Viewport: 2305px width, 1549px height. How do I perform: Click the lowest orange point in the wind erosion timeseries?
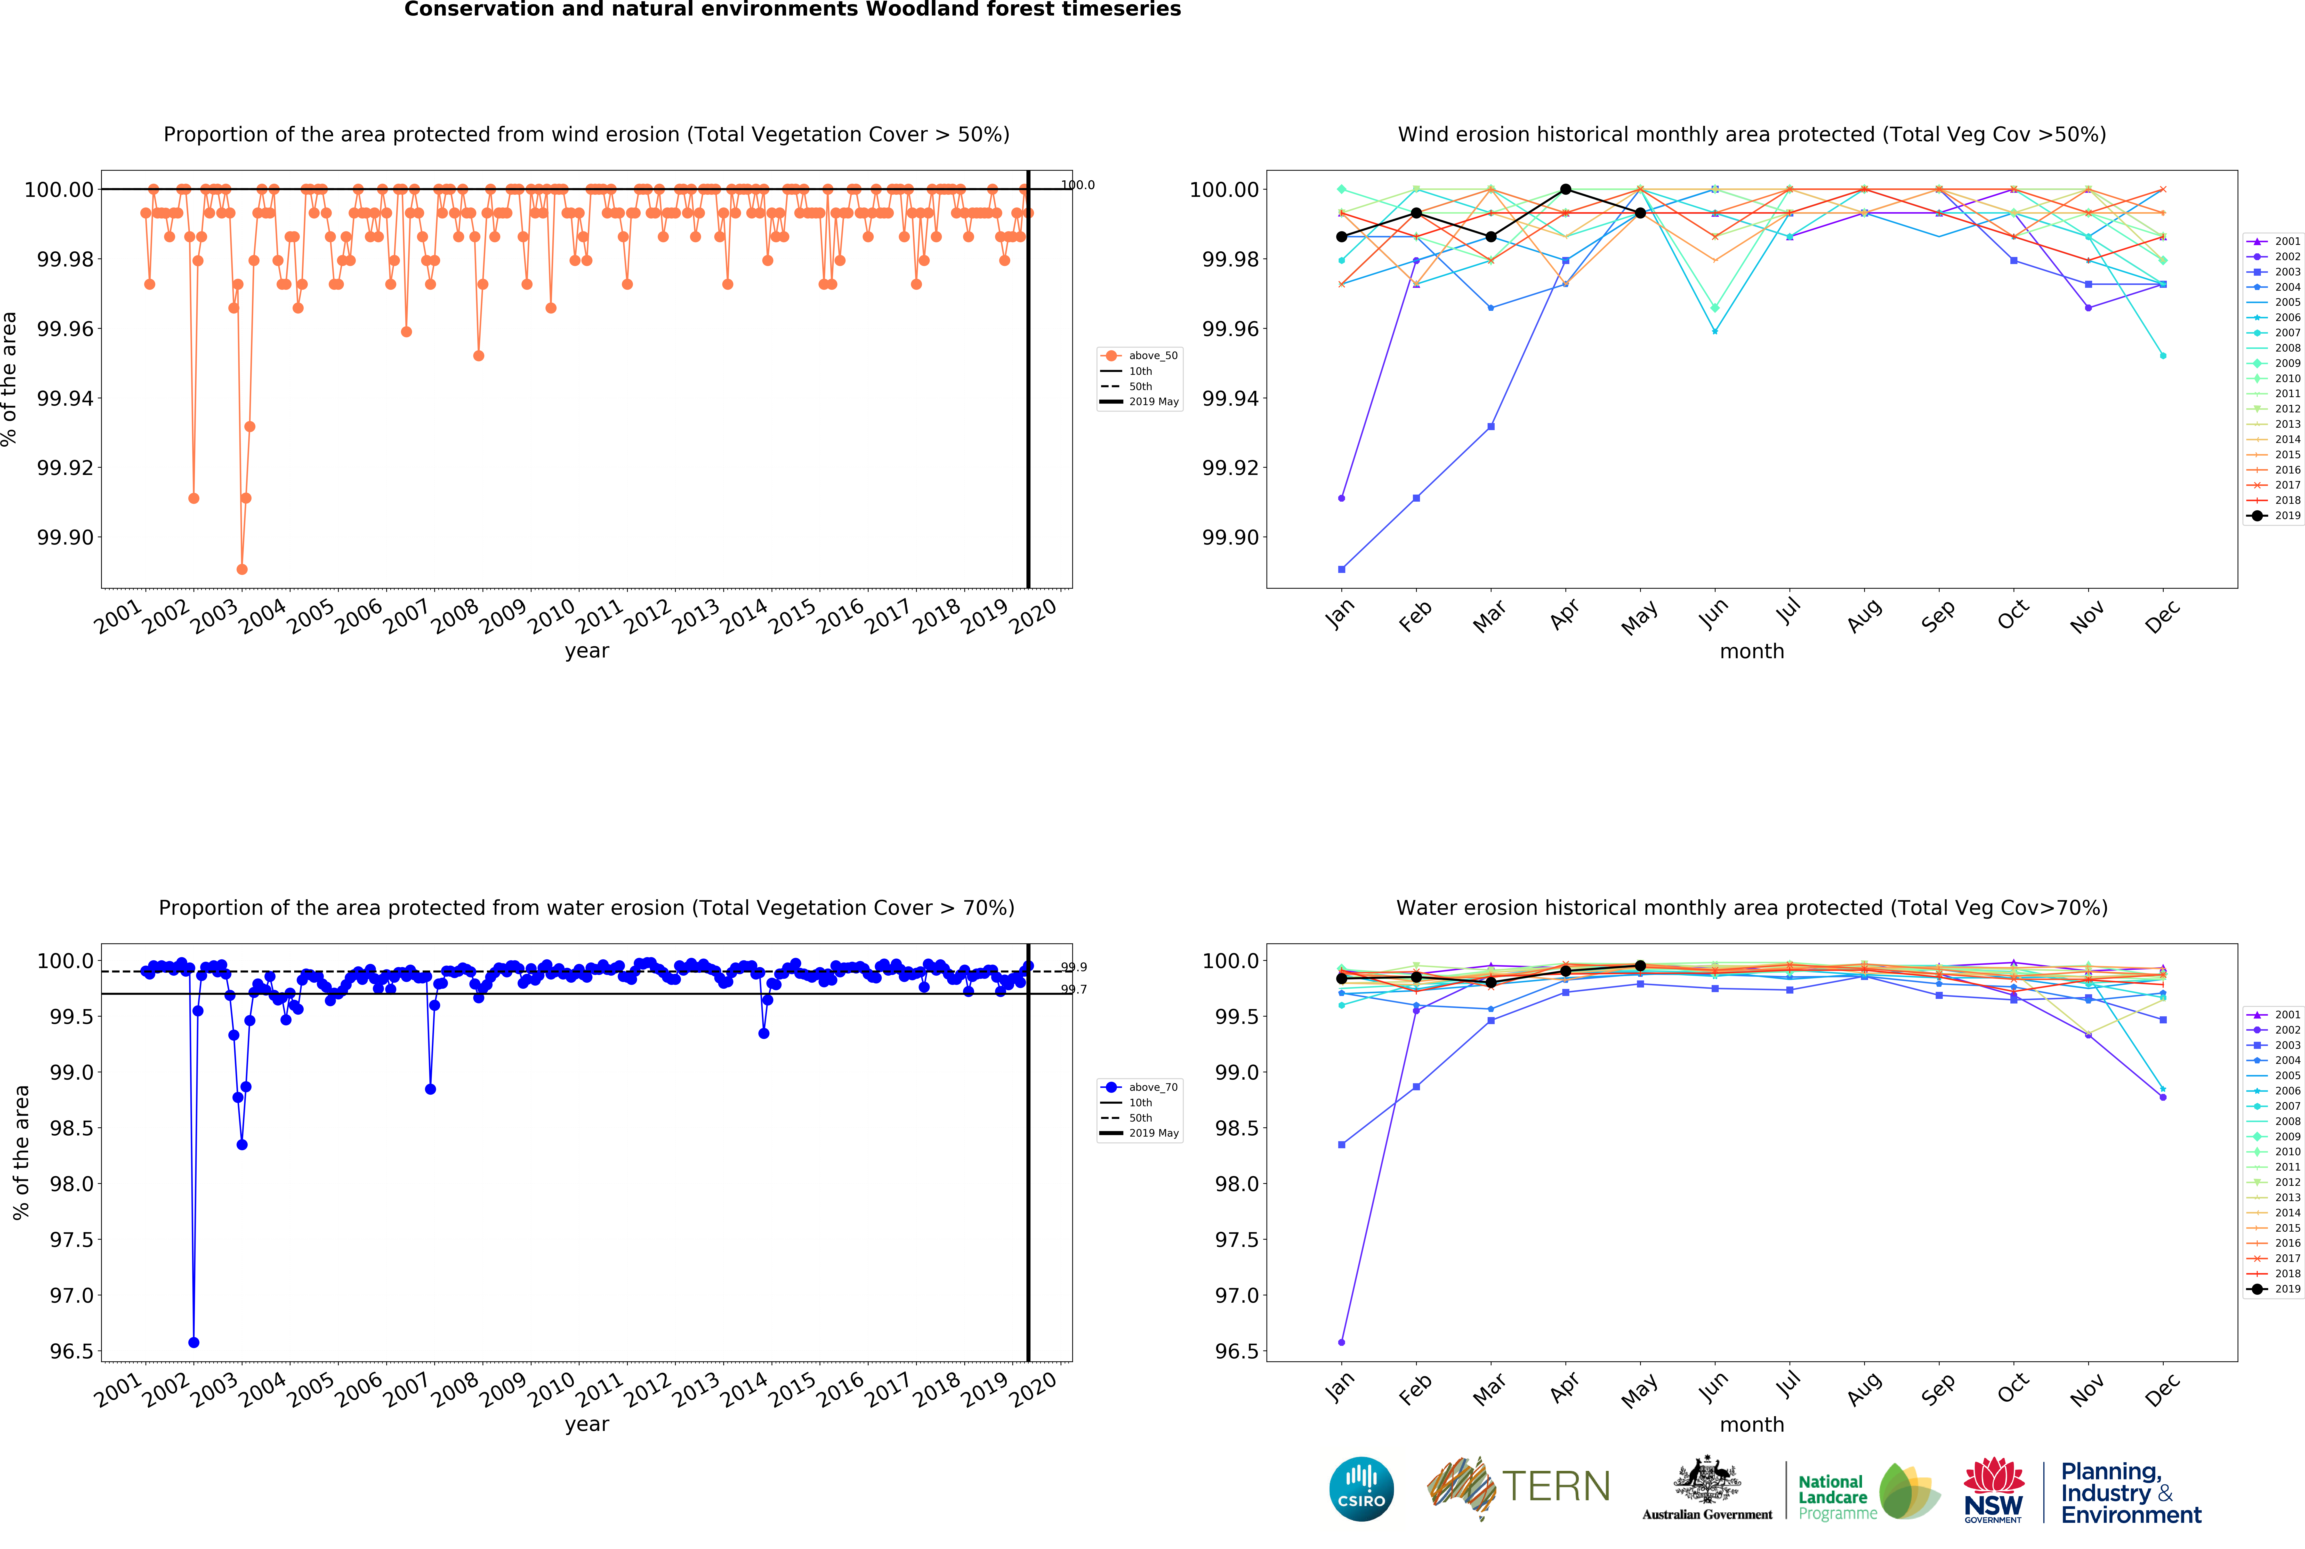click(242, 569)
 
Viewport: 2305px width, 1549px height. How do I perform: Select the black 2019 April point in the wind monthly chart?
click(1565, 189)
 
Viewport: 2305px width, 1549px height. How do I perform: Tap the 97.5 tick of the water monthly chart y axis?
click(1237, 1240)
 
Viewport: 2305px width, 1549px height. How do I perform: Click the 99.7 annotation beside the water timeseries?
click(1074, 990)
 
